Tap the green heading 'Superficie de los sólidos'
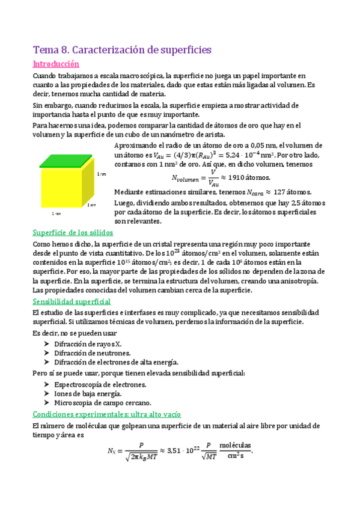[x=73, y=233]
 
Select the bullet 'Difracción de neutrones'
[x=92, y=352]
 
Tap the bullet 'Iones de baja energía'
[x=88, y=393]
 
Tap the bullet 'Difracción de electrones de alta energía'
[x=116, y=362]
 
